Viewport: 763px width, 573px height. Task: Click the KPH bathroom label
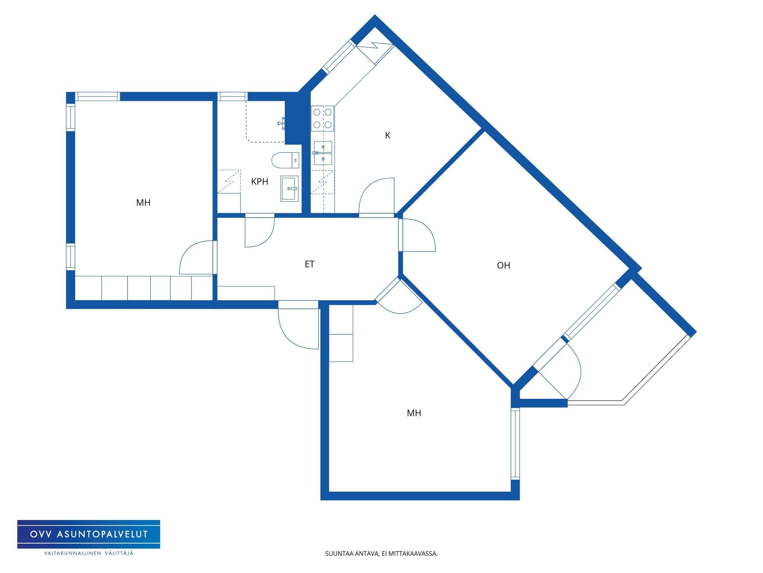click(259, 182)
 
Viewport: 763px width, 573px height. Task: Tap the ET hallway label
click(309, 264)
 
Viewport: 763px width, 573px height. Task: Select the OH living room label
click(504, 265)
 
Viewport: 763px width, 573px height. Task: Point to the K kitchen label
click(388, 136)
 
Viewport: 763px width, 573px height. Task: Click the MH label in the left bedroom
click(143, 203)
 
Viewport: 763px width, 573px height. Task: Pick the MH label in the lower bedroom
click(414, 413)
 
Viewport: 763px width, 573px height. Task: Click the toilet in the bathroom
click(286, 160)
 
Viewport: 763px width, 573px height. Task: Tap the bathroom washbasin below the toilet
click(290, 189)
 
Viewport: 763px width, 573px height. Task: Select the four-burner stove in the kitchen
click(322, 118)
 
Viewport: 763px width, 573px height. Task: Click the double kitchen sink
click(323, 153)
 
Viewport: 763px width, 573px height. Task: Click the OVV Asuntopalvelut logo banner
click(89, 534)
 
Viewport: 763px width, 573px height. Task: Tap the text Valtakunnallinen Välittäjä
click(89, 553)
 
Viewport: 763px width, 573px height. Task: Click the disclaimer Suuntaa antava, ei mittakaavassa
click(381, 554)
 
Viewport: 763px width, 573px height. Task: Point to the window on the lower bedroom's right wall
click(515, 444)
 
